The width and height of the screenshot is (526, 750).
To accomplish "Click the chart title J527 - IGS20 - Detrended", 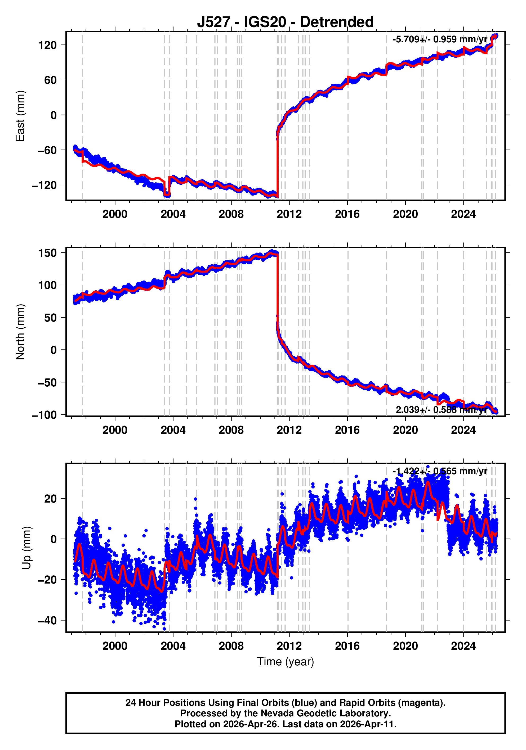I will tap(285, 22).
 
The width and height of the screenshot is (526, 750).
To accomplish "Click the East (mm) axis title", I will tap(20, 116).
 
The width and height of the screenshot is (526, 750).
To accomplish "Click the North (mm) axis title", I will tap(20, 332).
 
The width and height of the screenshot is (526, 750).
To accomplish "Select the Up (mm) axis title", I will tap(27, 548).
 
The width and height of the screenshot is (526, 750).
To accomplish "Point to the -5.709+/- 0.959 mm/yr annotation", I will tap(440, 39).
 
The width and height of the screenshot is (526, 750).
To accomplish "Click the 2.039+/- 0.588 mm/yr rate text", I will tap(441, 410).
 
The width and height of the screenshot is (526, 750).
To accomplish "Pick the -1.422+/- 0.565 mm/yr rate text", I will tap(440, 471).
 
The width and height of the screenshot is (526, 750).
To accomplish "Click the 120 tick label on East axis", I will tap(47, 45).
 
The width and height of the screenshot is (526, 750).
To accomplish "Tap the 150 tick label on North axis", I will tap(47, 253).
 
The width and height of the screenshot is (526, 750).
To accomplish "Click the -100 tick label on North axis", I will tap(44, 415).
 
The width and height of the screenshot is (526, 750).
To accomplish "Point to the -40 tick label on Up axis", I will tap(47, 620).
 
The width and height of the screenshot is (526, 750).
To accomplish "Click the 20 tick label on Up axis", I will tap(50, 499).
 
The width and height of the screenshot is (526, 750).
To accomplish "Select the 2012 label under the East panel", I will tap(289, 214).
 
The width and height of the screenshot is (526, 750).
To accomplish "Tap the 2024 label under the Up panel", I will tap(463, 646).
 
